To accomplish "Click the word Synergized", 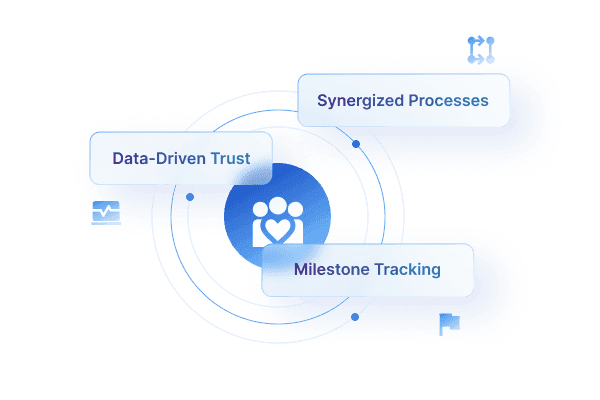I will click(358, 101).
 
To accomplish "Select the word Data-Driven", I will click(148, 158).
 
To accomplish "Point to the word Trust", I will click(230, 158).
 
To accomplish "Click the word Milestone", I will click(330, 270).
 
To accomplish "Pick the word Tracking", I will click(407, 270).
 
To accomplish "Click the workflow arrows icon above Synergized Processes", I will click(481, 50).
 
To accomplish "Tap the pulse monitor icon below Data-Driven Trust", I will click(106, 212).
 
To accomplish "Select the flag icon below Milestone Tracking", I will click(446, 324).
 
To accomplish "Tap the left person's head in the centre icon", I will click(261, 210).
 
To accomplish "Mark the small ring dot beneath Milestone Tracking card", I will click(353, 316).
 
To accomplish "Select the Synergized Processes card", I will click(404, 100).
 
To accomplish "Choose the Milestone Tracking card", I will click(367, 270).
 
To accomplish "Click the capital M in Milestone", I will click(300, 270).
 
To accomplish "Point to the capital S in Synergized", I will click(322, 101).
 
